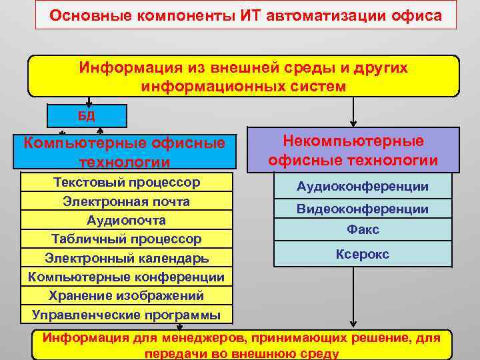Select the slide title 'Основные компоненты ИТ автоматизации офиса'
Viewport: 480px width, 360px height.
(x=246, y=15)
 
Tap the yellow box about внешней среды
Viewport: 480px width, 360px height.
(x=243, y=77)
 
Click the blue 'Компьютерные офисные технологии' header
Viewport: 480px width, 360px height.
(x=125, y=151)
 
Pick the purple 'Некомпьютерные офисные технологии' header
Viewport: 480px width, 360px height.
(x=353, y=150)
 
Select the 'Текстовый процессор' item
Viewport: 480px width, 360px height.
(x=126, y=183)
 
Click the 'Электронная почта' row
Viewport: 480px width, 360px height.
(x=126, y=201)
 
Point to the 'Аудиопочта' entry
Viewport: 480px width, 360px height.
(x=126, y=220)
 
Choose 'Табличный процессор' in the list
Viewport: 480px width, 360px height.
(x=126, y=239)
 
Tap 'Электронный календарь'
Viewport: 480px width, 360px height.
(x=126, y=257)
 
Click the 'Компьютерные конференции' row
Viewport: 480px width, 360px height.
(x=126, y=276)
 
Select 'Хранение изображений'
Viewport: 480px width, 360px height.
(x=126, y=295)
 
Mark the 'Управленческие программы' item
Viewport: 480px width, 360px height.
(x=126, y=314)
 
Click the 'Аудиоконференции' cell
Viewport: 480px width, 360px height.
(x=363, y=187)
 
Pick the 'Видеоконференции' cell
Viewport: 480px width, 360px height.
(x=363, y=209)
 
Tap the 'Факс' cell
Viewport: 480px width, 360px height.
(x=363, y=230)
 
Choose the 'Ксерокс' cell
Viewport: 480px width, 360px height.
(x=363, y=255)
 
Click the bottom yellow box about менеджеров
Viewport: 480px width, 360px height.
(x=241, y=345)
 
